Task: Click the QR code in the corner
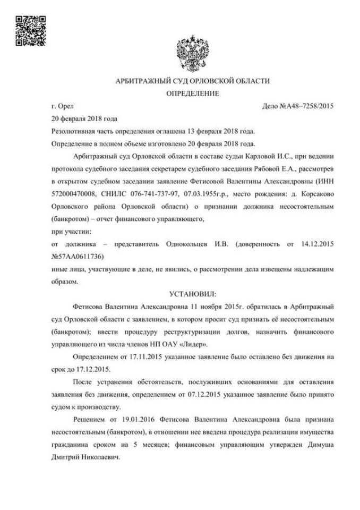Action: click(29, 30)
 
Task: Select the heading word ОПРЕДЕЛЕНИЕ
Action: click(193, 93)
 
